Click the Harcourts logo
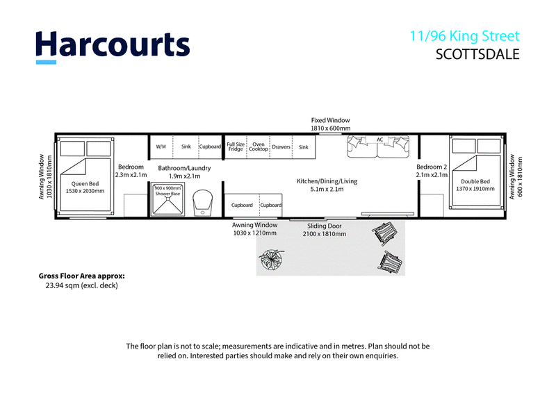[x=113, y=47]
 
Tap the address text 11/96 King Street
[x=464, y=36]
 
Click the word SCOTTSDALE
[x=477, y=54]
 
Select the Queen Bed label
[x=85, y=183]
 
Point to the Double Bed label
[x=475, y=181]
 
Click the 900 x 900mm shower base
[x=167, y=199]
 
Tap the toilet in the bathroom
[x=202, y=203]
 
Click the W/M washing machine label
[x=161, y=147]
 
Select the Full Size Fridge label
[x=236, y=147]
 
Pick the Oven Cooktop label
[x=259, y=147]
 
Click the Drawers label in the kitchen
[x=281, y=147]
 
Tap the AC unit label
[x=380, y=140]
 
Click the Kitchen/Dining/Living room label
[x=327, y=181]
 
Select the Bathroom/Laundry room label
[x=184, y=168]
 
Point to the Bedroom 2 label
[x=432, y=167]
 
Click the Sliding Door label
[x=325, y=226]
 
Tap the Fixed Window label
[x=331, y=120]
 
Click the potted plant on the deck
[x=272, y=259]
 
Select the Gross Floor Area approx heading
[x=81, y=276]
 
